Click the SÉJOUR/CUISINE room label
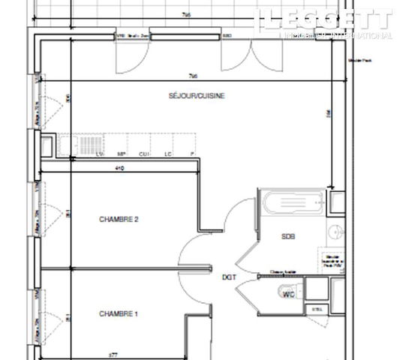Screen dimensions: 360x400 coord(196,95)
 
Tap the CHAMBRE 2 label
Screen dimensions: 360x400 coord(119,220)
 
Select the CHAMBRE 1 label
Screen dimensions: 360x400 coord(119,313)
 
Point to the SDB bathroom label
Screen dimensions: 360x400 coord(289,236)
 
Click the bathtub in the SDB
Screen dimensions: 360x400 coord(292,201)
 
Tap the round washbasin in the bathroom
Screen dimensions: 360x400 coord(337,232)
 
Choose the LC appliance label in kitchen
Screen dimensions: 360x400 coord(169,154)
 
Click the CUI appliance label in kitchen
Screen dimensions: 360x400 coord(144,154)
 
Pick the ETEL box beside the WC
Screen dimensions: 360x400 coord(315,307)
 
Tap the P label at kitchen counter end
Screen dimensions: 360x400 coord(192,154)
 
